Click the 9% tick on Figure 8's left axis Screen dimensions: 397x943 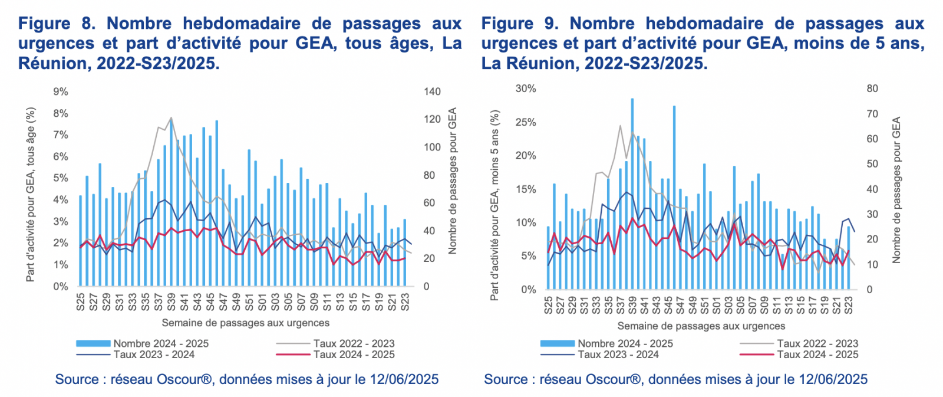(61, 92)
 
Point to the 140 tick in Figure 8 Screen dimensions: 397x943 (432, 92)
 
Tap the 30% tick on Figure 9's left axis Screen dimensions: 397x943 (526, 88)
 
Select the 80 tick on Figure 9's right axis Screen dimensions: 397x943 (872, 88)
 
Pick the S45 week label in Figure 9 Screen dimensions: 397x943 (668, 305)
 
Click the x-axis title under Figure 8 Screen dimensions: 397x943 (245, 323)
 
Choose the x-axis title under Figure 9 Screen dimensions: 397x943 (701, 326)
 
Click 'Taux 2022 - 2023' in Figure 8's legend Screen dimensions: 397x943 (354, 343)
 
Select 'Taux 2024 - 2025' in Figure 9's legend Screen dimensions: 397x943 (817, 355)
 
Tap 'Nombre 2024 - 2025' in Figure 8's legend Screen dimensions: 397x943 (161, 343)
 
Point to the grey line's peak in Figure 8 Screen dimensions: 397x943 (171, 117)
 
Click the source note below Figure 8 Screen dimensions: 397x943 (246, 379)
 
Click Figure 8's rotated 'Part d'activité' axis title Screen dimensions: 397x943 (31, 195)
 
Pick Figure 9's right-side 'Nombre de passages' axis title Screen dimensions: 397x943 (896, 190)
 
